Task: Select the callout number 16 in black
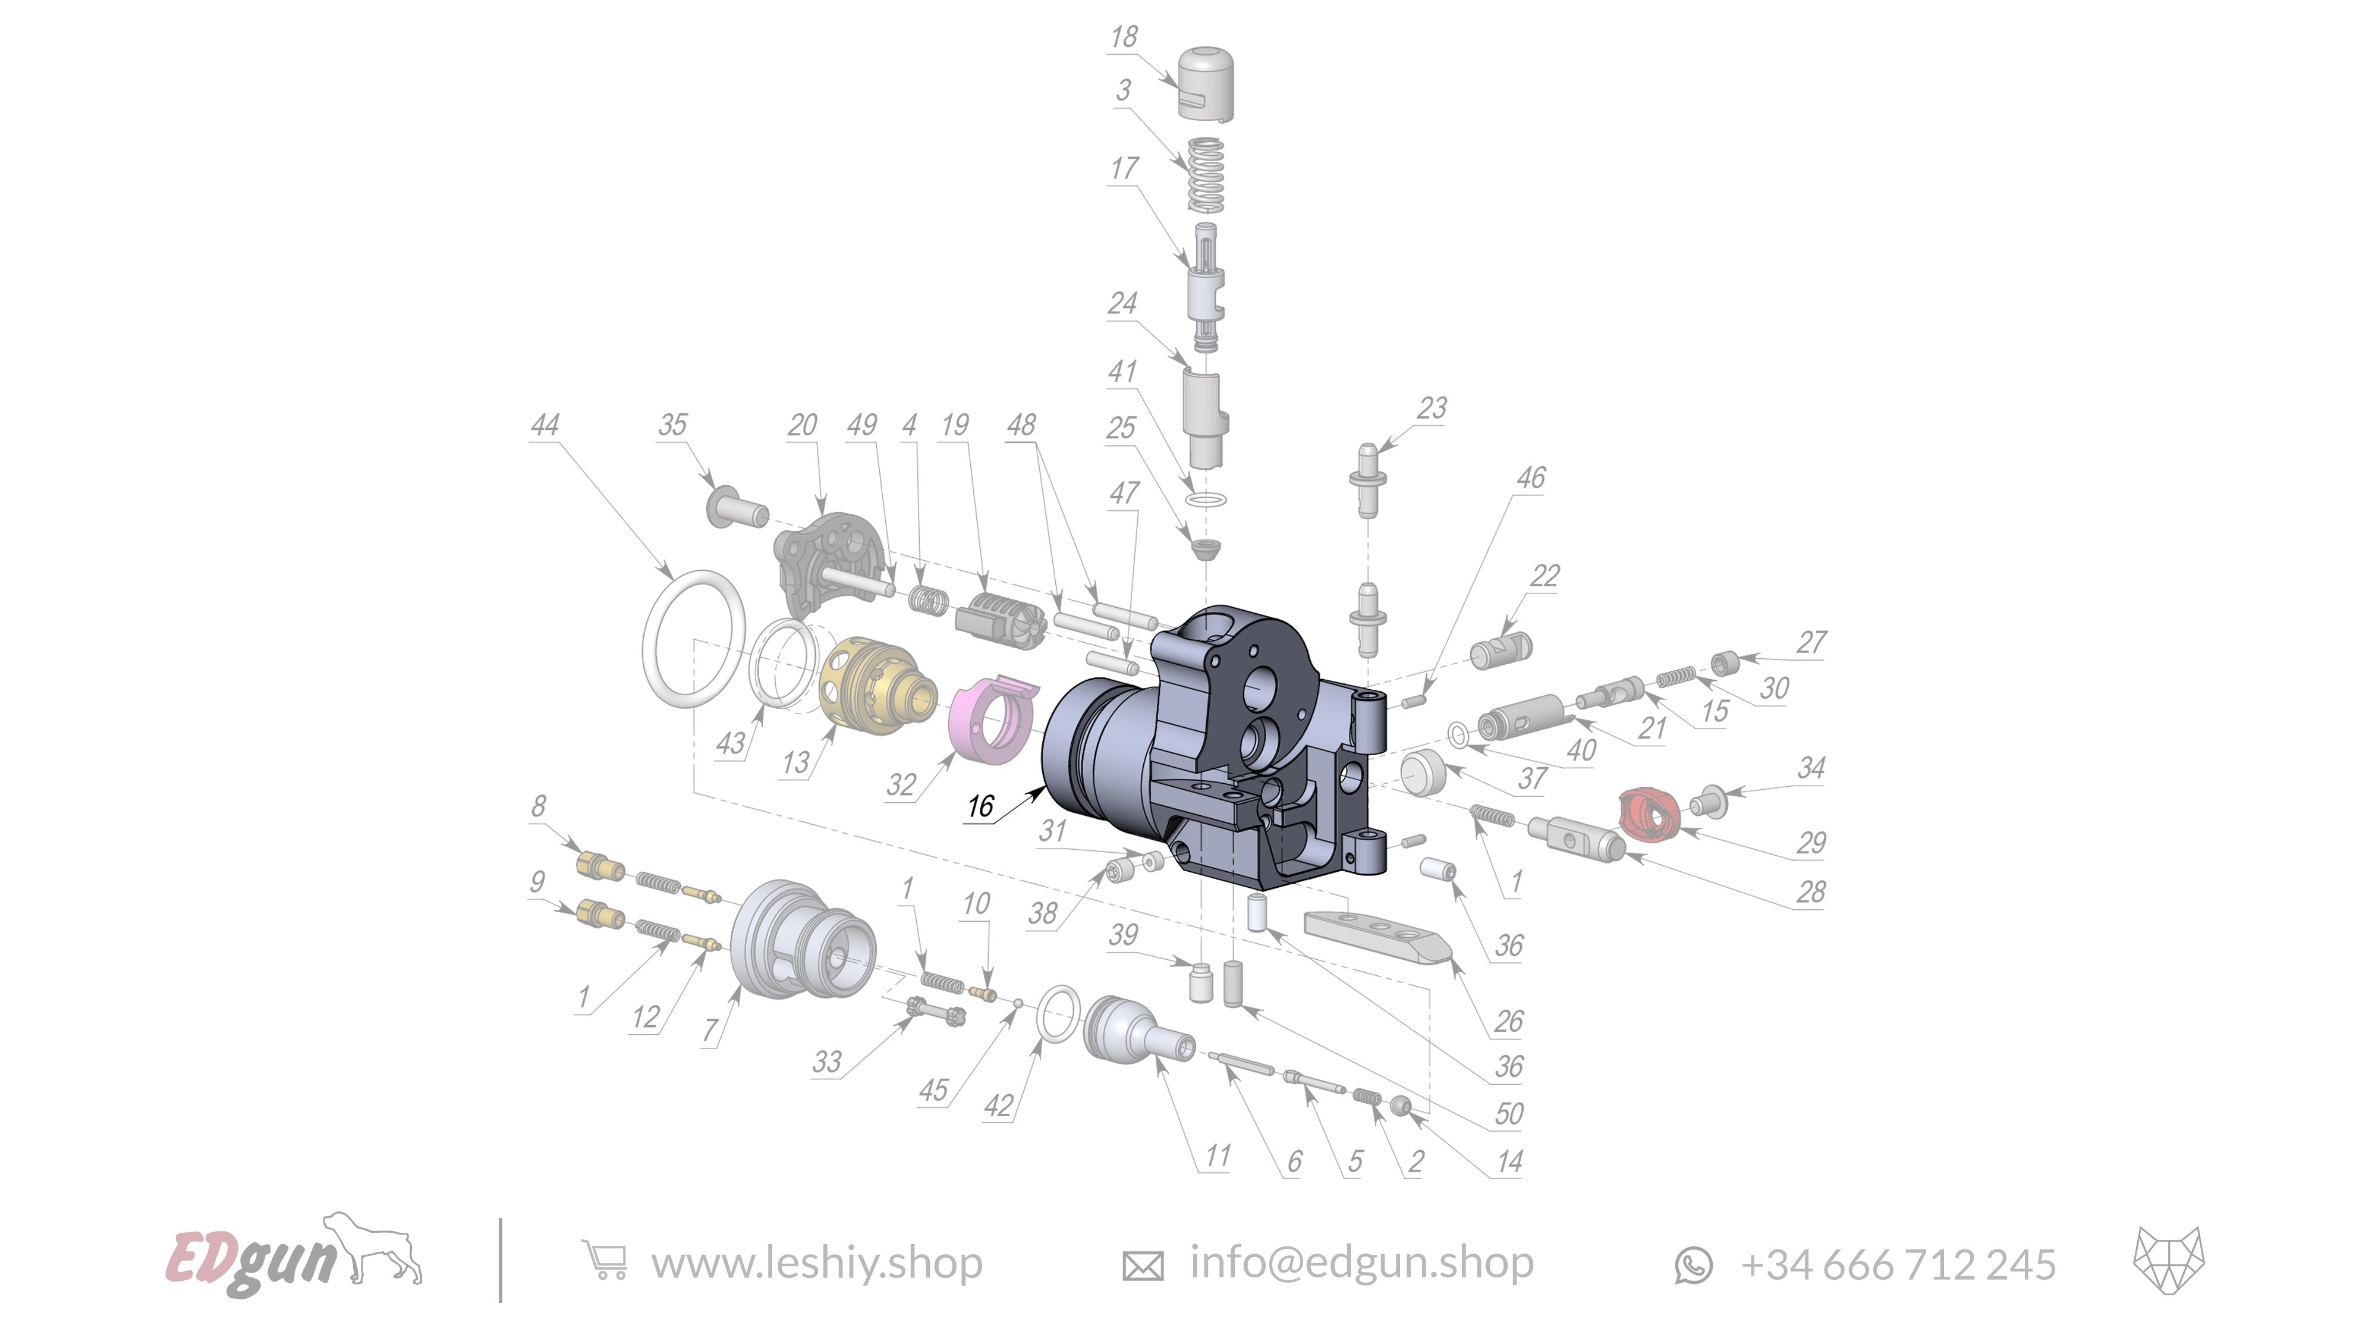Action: (x=980, y=806)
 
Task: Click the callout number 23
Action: (x=1432, y=407)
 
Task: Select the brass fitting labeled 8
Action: (x=598, y=866)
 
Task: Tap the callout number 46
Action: (x=1531, y=478)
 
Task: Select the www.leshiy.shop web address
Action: (x=816, y=1262)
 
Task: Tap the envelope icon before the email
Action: (x=1142, y=1265)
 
